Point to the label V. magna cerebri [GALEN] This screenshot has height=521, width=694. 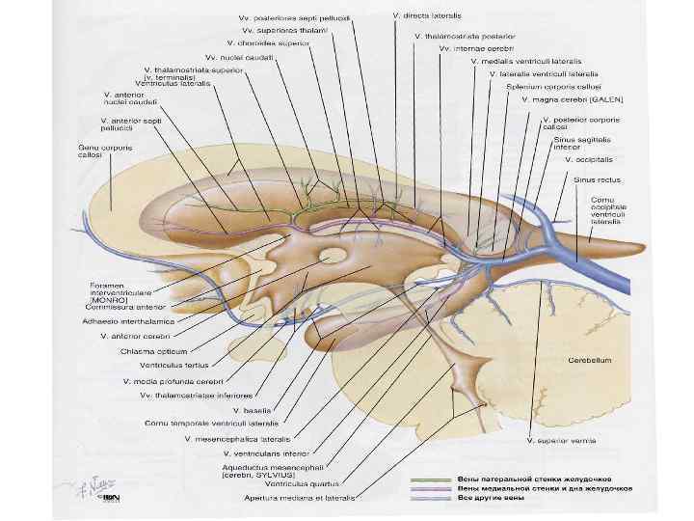pyautogui.click(x=573, y=98)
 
